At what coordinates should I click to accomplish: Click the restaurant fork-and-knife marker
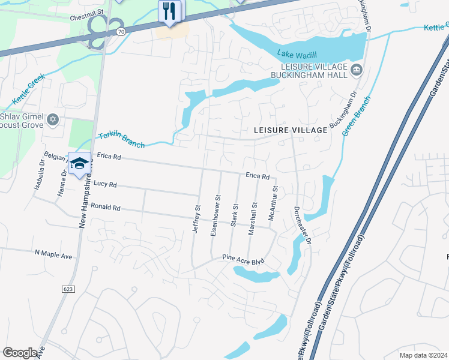170,11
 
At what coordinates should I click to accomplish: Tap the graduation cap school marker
79,163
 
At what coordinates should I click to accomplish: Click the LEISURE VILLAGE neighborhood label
291,130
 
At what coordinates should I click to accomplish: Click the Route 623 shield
68,289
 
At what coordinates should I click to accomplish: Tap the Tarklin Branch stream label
121,140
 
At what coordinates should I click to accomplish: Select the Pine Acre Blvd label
243,261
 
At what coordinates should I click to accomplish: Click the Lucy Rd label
104,185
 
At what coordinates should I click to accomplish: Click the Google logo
20,353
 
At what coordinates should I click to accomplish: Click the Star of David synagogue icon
52,119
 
